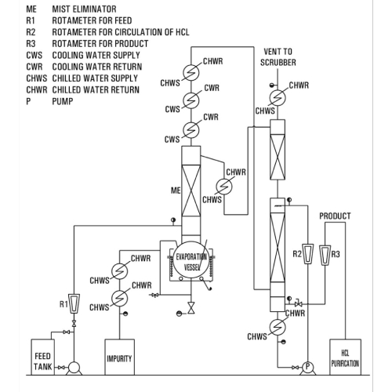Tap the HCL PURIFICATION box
(x=345, y=358)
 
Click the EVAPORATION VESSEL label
(x=187, y=261)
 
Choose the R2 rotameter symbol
(x=310, y=252)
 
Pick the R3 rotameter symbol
(x=325, y=252)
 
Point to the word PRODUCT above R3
(x=335, y=216)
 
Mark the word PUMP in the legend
(x=63, y=102)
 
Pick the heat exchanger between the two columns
(x=227, y=187)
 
